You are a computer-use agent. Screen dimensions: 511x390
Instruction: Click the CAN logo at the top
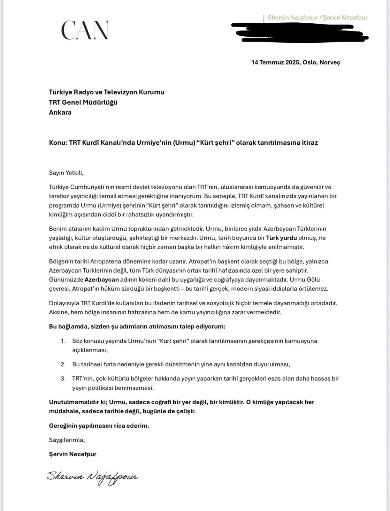pyautogui.click(x=85, y=30)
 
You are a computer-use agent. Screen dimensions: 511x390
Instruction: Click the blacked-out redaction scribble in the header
pyautogui.click(x=300, y=32)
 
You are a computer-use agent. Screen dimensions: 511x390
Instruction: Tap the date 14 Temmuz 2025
pyautogui.click(x=276, y=62)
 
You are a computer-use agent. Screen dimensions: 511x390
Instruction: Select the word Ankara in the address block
pyautogui.click(x=60, y=112)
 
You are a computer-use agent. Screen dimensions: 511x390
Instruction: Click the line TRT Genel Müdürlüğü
pyautogui.click(x=83, y=102)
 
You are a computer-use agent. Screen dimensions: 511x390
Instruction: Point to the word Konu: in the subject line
pyautogui.click(x=58, y=142)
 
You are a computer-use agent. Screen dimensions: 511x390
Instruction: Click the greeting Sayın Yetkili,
pyautogui.click(x=66, y=173)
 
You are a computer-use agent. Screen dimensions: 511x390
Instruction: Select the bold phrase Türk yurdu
pyautogui.click(x=281, y=238)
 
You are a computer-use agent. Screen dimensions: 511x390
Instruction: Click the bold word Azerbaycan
pyautogui.click(x=102, y=280)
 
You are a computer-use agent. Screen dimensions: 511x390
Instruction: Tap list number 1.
pyautogui.click(x=63, y=341)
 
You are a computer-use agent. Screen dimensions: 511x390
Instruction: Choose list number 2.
pyautogui.click(x=63, y=364)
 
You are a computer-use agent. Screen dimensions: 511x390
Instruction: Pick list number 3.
pyautogui.click(x=63, y=379)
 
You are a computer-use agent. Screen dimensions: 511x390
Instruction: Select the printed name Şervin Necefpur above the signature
pyautogui.click(x=73, y=454)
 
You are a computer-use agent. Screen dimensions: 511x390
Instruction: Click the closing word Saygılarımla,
pyautogui.click(x=67, y=440)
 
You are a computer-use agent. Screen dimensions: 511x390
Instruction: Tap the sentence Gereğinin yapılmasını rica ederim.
pyautogui.click(x=99, y=426)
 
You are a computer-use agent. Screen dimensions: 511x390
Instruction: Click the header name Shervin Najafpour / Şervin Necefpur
pyautogui.click(x=317, y=18)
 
